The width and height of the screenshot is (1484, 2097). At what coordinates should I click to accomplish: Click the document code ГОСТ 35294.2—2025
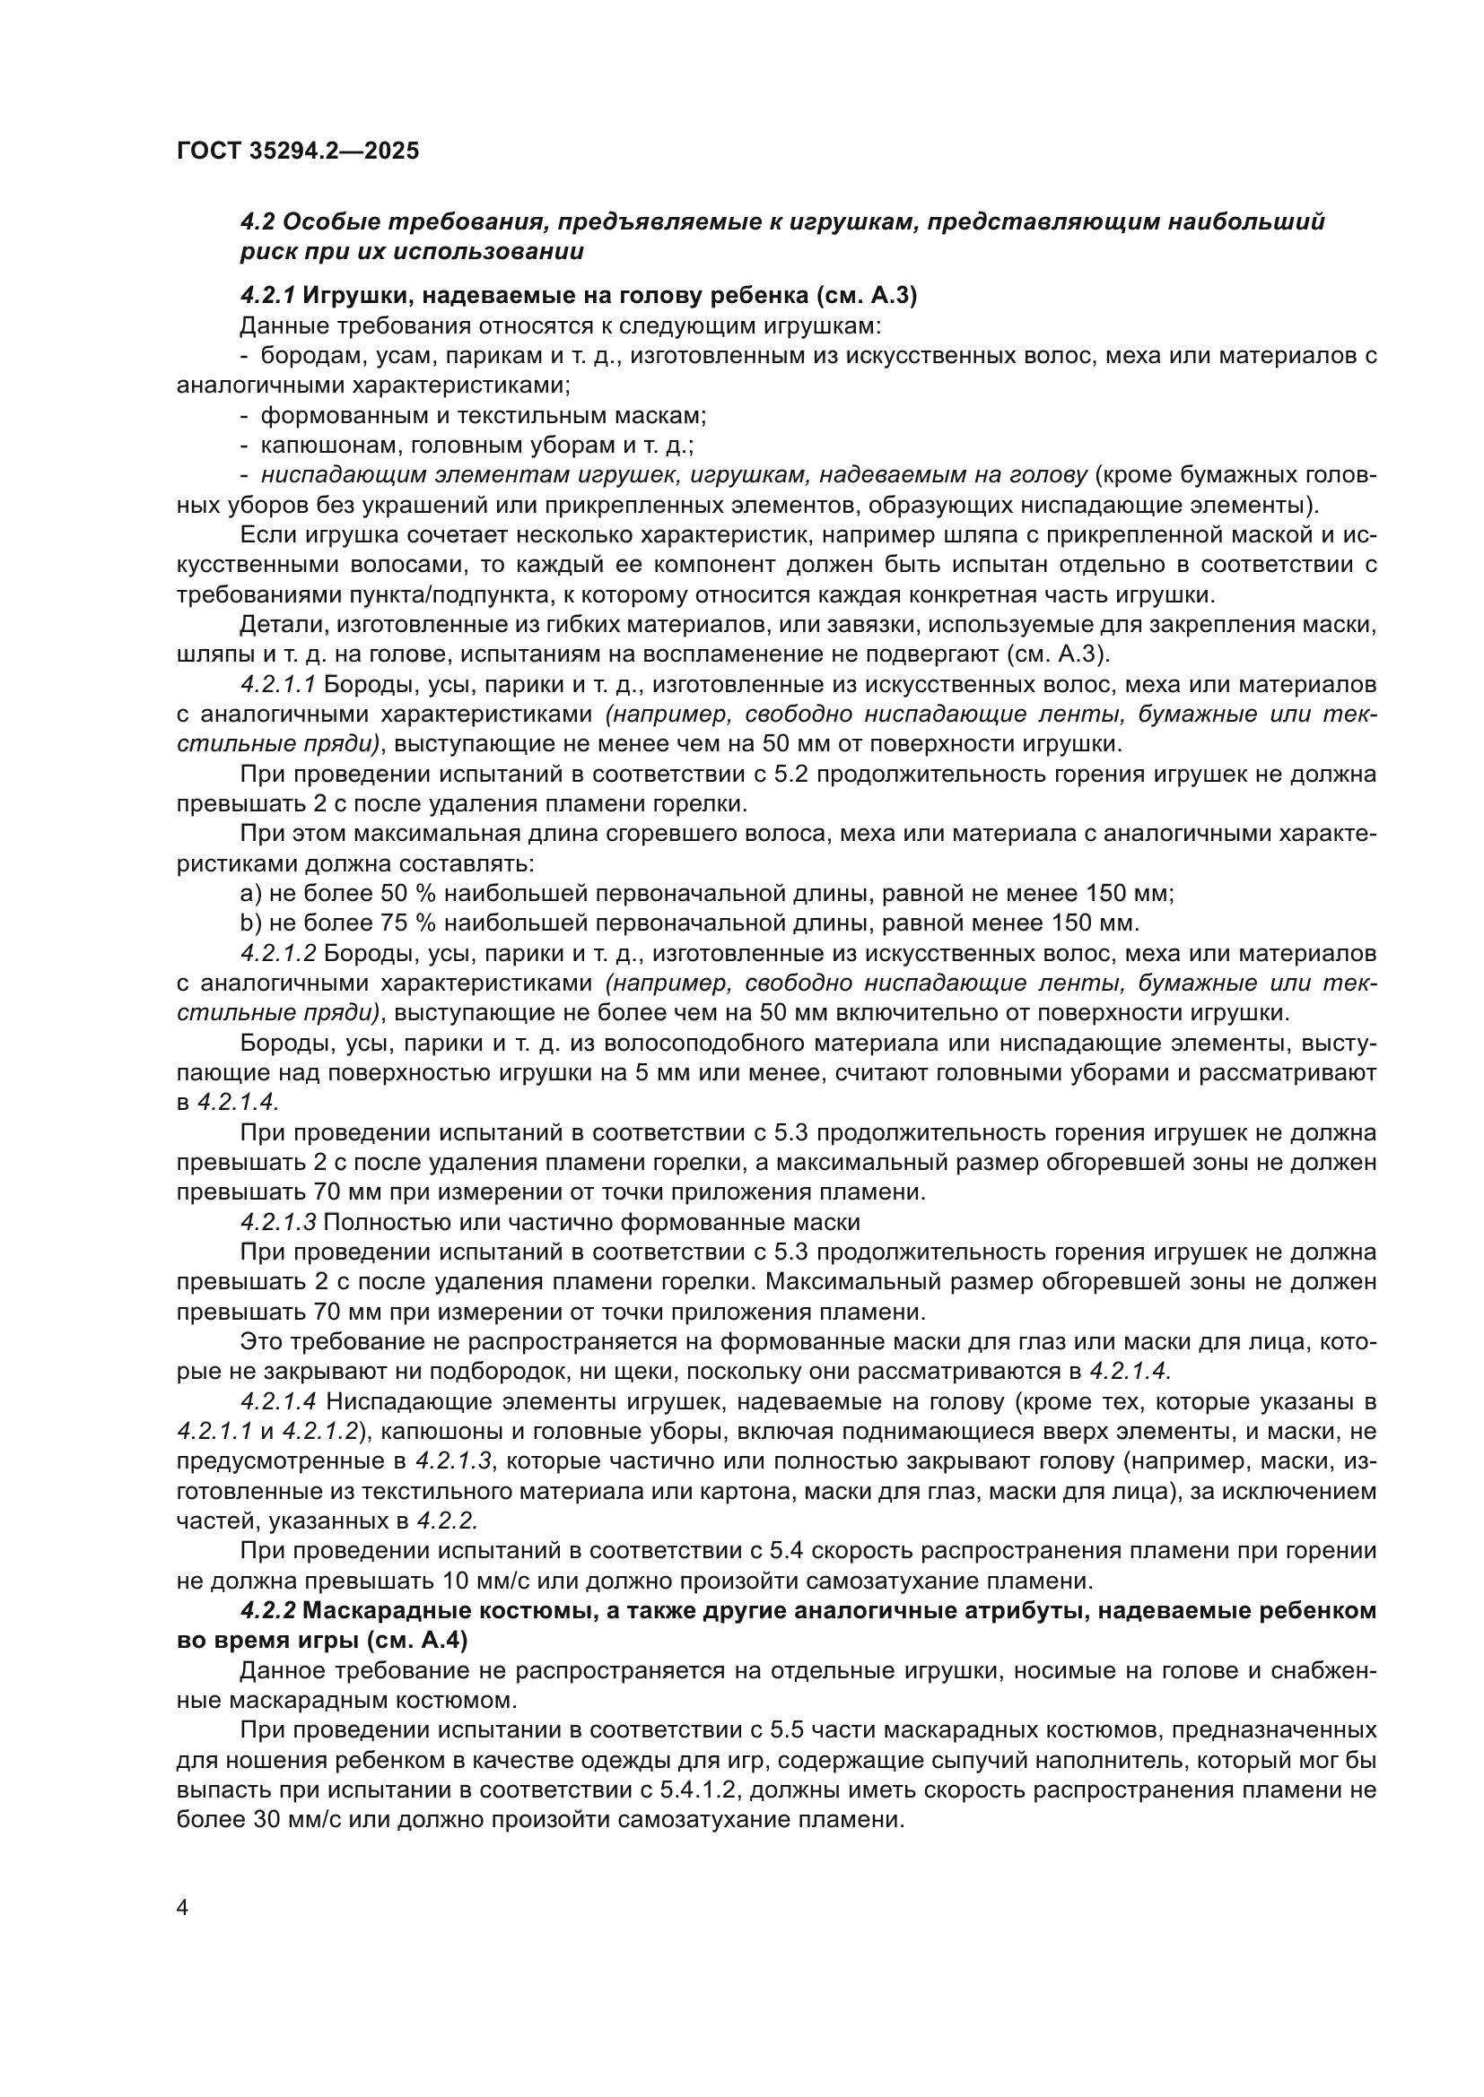pos(298,151)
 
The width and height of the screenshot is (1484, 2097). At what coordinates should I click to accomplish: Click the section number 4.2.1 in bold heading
pos(266,296)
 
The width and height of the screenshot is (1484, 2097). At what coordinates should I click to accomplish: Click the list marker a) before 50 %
pos(249,892)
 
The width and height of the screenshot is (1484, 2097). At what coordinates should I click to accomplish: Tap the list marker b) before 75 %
pos(249,923)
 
